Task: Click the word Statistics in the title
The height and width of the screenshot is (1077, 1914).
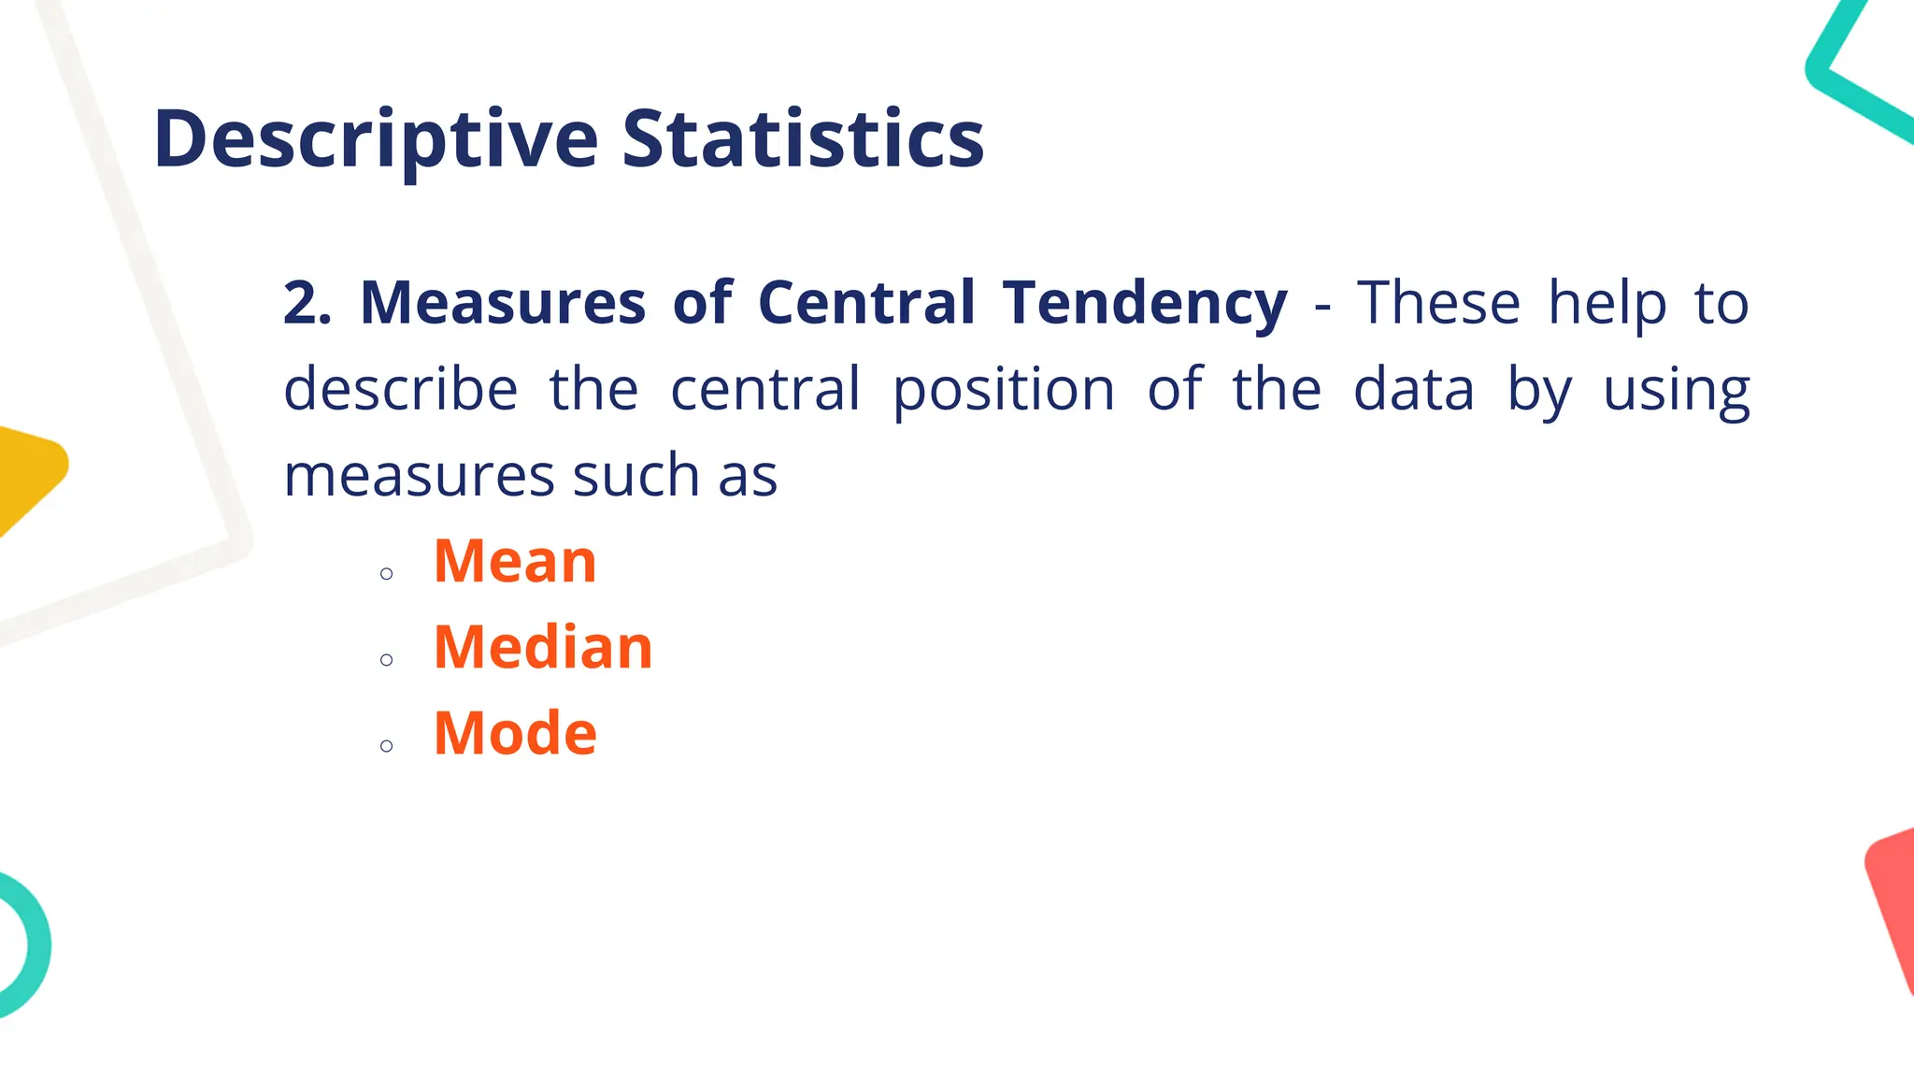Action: [803, 140]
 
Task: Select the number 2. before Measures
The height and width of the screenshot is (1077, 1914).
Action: [307, 303]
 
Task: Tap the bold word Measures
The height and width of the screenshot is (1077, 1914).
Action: [503, 303]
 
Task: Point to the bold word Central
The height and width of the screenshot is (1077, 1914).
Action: [866, 303]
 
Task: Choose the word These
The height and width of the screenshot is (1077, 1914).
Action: [1439, 303]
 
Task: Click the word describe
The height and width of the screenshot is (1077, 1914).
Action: [400, 389]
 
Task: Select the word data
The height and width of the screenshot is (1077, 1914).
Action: [1413, 389]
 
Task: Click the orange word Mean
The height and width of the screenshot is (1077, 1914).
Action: [515, 562]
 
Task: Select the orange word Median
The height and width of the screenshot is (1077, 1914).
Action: [543, 647]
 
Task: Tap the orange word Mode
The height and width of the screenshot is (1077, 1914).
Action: [515, 733]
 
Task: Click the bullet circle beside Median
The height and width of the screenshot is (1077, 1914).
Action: [387, 660]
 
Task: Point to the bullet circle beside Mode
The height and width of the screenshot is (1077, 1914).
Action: [387, 746]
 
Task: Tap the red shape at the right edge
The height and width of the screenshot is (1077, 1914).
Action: [1893, 897]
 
